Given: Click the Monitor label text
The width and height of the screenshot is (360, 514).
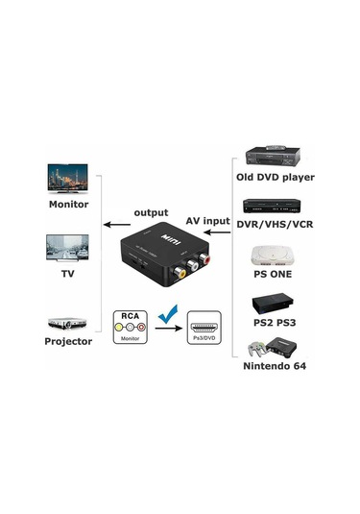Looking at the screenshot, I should click(68, 205).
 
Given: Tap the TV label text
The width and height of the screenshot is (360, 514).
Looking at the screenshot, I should click(68, 273).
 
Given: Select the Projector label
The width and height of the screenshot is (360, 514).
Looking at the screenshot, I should click(68, 341).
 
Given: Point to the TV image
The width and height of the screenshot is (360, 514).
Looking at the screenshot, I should click(68, 247).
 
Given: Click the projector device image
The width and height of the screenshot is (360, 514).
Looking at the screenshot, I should click(68, 322).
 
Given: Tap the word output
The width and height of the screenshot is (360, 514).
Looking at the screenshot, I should click(150, 212).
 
